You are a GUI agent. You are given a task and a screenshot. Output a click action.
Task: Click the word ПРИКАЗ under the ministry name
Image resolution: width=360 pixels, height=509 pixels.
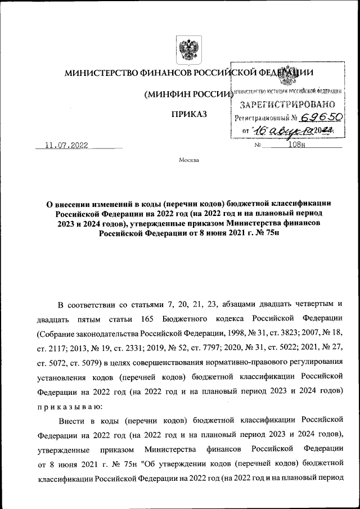[189, 114]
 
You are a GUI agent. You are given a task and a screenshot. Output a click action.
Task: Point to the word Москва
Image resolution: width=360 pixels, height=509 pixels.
[189, 160]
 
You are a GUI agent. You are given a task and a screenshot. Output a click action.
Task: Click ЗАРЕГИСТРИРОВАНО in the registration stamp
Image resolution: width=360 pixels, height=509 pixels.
[287, 104]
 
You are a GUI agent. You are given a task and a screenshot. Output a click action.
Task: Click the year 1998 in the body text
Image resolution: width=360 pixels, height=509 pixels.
[237, 334]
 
